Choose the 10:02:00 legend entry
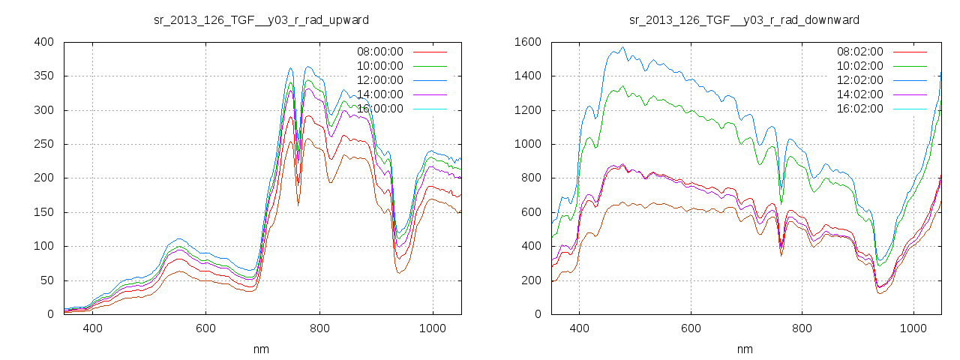[859, 66]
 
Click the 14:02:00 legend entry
[859, 94]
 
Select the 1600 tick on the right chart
[527, 42]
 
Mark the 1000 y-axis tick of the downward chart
[527, 145]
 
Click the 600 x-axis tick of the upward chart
[206, 328]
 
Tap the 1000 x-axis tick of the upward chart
[433, 328]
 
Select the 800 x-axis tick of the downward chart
[802, 328]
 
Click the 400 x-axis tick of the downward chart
[579, 328]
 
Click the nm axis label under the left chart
[261, 349]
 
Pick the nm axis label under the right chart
[744, 349]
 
